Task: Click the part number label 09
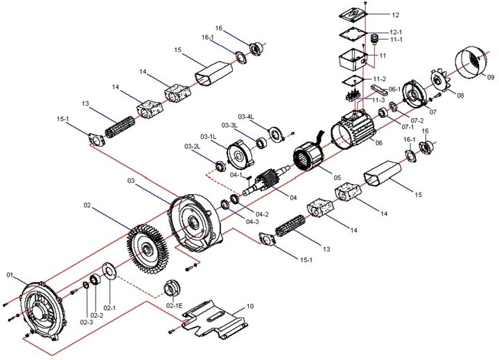[x=491, y=77]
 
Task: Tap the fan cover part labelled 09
[x=470, y=64]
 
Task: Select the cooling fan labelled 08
[x=441, y=80]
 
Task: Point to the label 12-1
[x=396, y=32]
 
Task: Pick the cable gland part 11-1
[x=375, y=39]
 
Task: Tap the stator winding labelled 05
[x=308, y=156]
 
